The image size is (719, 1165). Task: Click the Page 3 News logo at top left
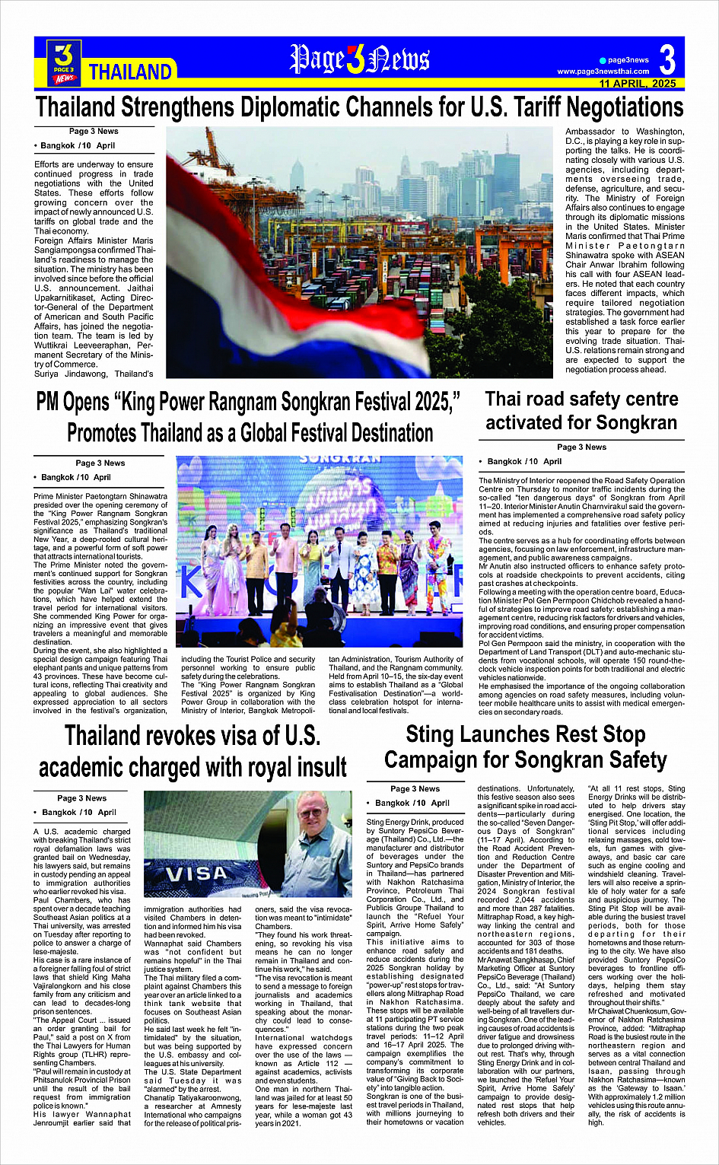(x=64, y=62)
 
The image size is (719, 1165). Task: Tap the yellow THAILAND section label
(x=130, y=72)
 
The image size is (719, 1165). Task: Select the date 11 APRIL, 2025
(x=637, y=84)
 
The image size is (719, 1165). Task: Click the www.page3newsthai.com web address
(x=603, y=72)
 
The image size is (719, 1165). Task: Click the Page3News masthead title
(x=360, y=59)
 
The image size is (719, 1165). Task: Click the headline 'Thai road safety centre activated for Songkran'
(x=581, y=411)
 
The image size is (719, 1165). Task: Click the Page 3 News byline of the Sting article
(x=415, y=788)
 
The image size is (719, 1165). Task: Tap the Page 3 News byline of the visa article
(x=81, y=798)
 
